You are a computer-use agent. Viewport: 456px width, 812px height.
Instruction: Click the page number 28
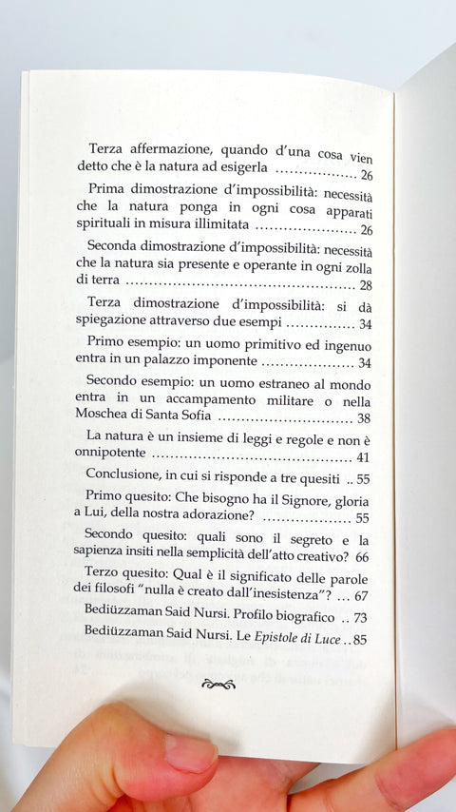pos(365,285)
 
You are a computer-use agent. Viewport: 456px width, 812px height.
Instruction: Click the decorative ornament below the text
pos(219,682)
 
